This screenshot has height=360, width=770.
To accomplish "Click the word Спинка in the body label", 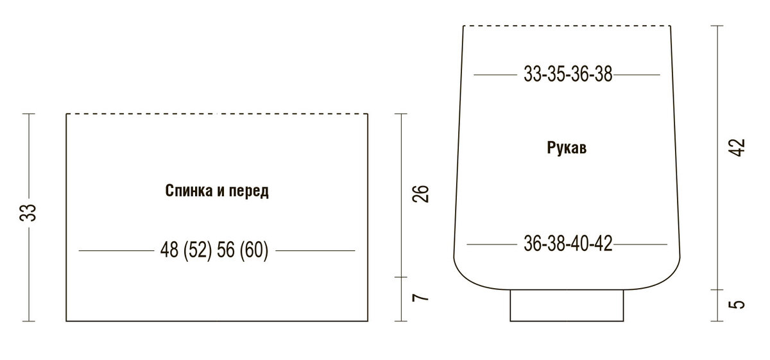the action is (x=189, y=191).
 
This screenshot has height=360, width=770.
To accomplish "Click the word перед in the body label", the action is (x=249, y=191).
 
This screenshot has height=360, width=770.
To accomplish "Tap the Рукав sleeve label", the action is (x=567, y=148).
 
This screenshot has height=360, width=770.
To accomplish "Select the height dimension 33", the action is (x=28, y=212).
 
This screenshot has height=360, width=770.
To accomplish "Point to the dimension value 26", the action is (x=421, y=194).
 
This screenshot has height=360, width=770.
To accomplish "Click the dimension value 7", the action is (x=421, y=297).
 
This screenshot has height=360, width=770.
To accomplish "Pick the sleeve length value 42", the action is (x=737, y=148).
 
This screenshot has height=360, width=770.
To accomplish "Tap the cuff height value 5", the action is (x=737, y=305).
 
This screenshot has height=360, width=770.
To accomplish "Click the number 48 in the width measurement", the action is (x=169, y=250).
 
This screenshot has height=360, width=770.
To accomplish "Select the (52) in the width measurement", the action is (x=198, y=250).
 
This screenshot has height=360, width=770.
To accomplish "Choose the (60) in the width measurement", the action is (x=254, y=250).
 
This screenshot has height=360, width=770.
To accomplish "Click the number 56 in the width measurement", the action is (x=225, y=250).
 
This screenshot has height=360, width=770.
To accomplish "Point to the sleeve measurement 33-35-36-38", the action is (x=568, y=74).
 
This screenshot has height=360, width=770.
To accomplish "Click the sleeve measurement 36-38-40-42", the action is (x=568, y=244).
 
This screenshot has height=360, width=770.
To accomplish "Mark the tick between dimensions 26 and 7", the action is (x=401, y=277).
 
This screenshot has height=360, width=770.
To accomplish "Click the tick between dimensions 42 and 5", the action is (x=717, y=289).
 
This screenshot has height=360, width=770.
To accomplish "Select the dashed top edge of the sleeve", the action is (x=567, y=26).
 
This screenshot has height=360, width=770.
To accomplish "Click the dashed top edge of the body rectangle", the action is (x=217, y=114).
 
